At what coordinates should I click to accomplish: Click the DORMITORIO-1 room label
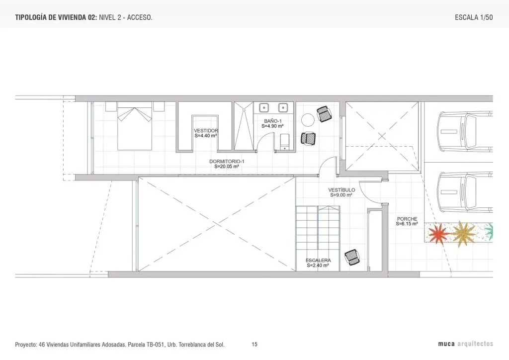coord(227,161)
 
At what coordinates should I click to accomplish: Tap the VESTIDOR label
coord(206,131)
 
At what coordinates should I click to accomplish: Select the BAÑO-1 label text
coord(273,121)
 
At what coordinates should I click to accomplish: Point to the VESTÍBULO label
coord(341,190)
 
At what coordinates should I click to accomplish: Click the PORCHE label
coord(407,219)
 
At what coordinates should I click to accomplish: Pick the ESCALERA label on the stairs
coord(318,261)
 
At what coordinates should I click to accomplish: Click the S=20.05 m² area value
coord(227,167)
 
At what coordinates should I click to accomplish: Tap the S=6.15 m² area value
coord(407,224)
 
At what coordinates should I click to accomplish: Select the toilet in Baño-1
coord(285,142)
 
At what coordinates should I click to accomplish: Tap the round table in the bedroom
coord(308,120)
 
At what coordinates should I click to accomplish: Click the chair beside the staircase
coord(352,257)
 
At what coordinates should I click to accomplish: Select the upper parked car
coord(465,131)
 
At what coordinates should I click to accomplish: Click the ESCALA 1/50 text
coord(474,17)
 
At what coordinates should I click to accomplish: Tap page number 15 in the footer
coord(254,344)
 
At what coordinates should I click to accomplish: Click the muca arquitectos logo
coord(465,344)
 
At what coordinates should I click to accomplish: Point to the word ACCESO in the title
coord(139,17)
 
